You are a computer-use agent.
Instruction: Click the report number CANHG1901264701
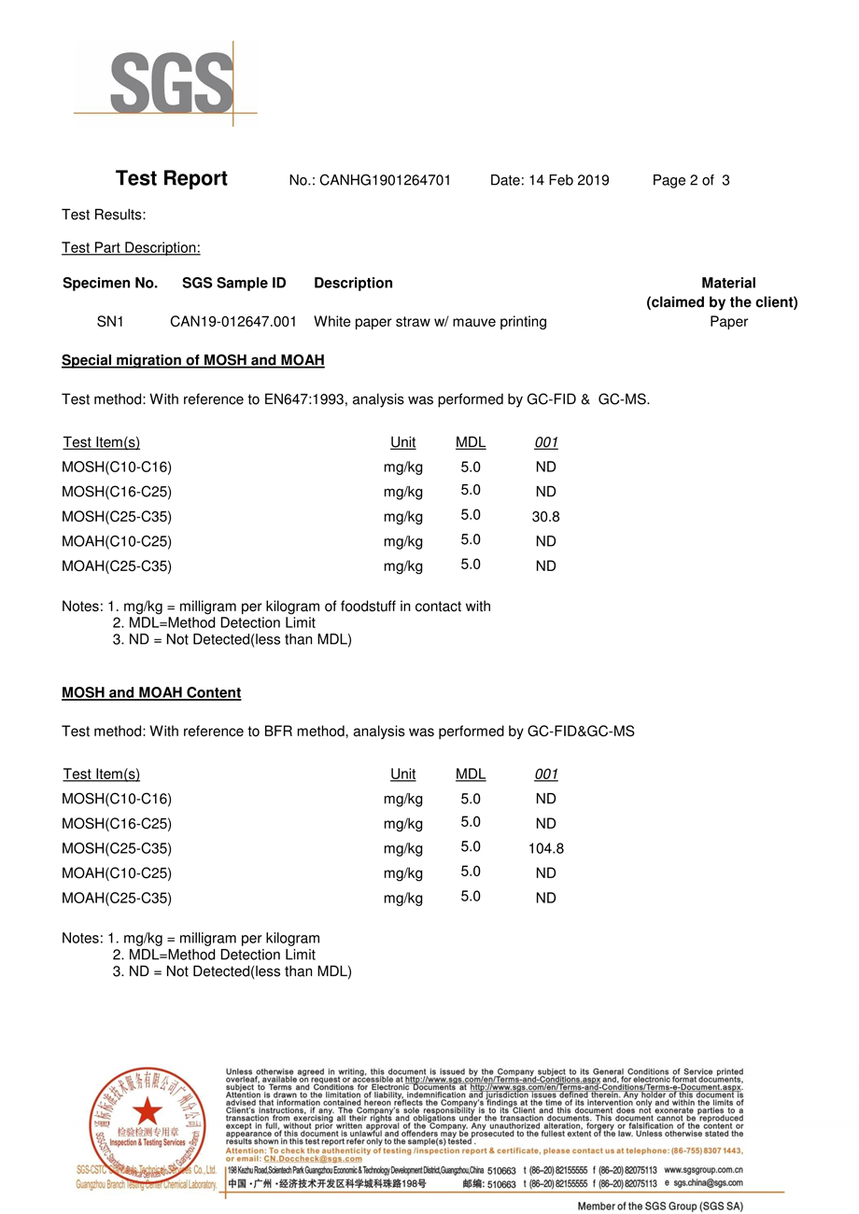(386, 180)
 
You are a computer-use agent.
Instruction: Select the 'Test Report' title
(172, 179)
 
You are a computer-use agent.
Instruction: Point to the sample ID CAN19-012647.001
(233, 322)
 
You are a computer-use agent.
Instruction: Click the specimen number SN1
(110, 322)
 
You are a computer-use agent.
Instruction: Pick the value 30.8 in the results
(545, 517)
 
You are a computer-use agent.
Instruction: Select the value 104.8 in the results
(545, 849)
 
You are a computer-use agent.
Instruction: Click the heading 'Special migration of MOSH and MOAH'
(193, 360)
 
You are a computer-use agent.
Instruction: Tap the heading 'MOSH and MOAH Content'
(151, 692)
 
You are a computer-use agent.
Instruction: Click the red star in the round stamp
(147, 1110)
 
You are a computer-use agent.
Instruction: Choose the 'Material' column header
(728, 283)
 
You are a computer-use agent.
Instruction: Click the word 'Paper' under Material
(728, 322)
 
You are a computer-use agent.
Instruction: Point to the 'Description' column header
(353, 283)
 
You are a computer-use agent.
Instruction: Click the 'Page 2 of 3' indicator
(691, 180)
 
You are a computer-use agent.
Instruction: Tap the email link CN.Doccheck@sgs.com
(308, 1158)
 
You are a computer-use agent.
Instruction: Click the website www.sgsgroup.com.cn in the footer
(703, 1169)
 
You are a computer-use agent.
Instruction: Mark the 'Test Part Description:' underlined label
(132, 248)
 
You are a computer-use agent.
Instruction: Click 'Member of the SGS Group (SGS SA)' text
(661, 1207)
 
